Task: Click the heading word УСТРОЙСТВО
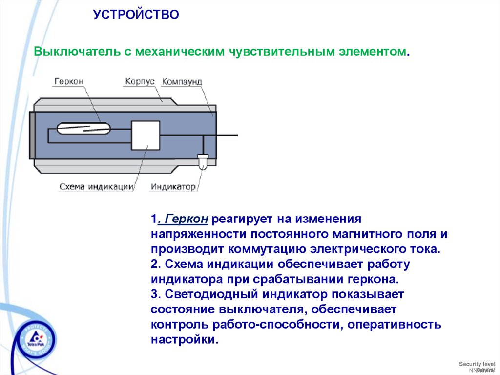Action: tap(136, 15)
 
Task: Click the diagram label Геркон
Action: tap(68, 81)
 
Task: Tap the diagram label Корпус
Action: tap(140, 81)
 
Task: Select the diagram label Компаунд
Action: tap(182, 81)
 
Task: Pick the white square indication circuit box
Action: tap(146, 135)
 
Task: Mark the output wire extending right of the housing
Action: tap(228, 135)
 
